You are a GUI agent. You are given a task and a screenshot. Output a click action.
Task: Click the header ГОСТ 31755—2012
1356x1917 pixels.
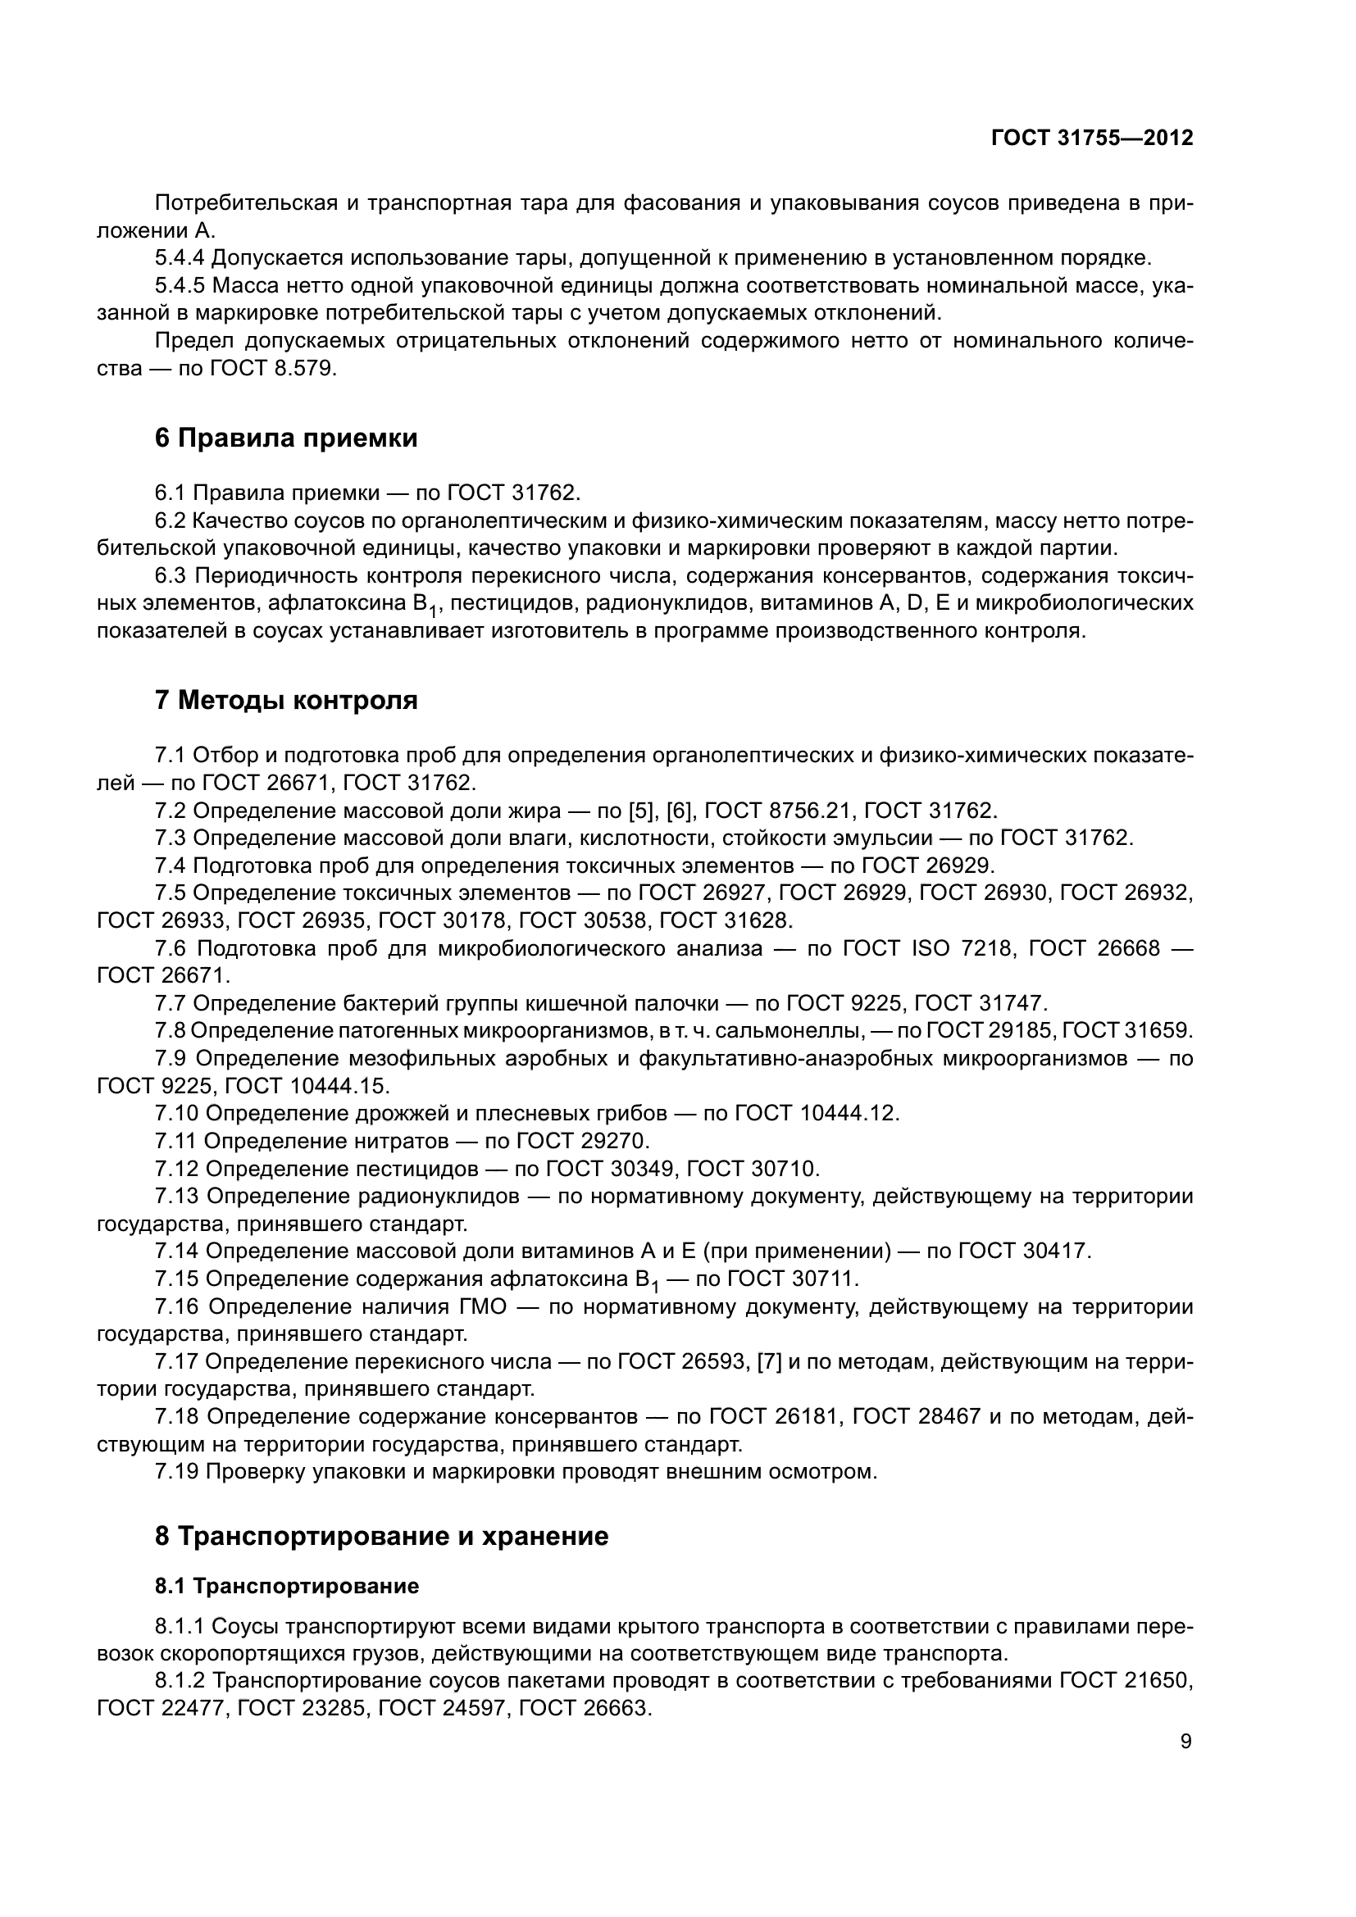[x=1091, y=139]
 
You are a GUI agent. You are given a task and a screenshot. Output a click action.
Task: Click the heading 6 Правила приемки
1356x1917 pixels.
[x=285, y=438]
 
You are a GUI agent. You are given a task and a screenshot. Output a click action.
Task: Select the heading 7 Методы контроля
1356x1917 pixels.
[x=285, y=700]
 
